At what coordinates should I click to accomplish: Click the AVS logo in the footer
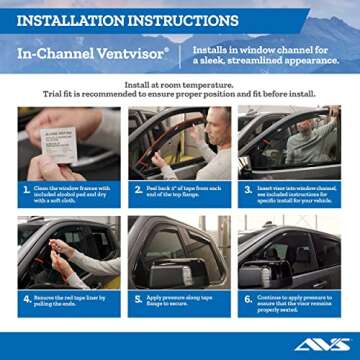[x=322, y=344]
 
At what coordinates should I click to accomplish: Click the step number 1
[x=26, y=189]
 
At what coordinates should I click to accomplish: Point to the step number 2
[x=137, y=189]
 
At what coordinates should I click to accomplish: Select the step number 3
[x=248, y=189]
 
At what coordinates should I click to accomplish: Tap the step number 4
[x=26, y=298]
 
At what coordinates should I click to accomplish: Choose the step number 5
[x=137, y=298]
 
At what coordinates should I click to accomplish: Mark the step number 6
[x=248, y=298]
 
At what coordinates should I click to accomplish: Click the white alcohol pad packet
[x=58, y=143]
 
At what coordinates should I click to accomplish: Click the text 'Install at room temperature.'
[x=180, y=85]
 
